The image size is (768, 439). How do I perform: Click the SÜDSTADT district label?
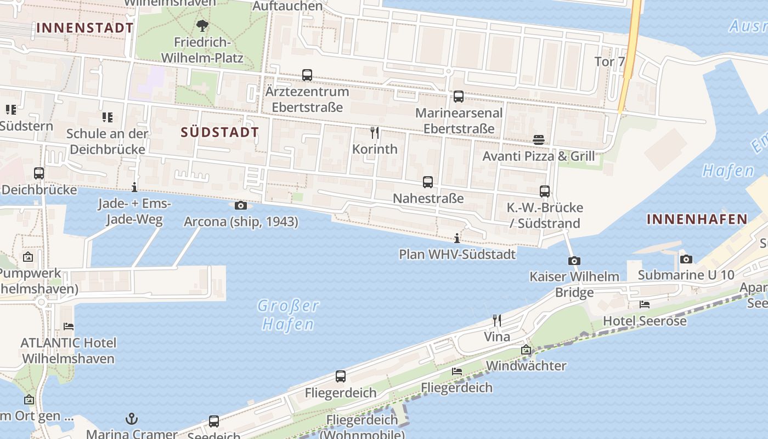point(219,132)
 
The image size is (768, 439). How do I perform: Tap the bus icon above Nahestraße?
point(428,182)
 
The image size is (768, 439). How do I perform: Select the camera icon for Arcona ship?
point(240,206)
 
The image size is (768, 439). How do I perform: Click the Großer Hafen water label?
point(288,315)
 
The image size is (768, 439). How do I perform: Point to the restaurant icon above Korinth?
point(375,132)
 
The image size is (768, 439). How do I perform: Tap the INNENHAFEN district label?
point(697,219)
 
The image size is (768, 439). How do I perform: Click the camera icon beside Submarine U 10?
point(686,260)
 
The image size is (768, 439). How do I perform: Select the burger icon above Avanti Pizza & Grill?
point(538,140)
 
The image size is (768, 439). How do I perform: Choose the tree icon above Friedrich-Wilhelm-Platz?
point(202,25)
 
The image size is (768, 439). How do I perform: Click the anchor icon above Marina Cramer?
point(132,419)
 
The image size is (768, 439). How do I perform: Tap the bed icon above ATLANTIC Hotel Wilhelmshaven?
point(69,326)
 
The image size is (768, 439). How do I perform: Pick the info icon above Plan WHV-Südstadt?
point(457,238)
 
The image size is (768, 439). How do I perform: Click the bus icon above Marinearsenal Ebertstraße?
point(459,97)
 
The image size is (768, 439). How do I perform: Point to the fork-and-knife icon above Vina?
point(497,320)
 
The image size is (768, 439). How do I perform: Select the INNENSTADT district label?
point(85,27)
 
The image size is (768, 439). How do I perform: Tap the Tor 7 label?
point(609,61)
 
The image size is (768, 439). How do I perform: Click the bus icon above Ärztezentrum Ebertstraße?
point(307,75)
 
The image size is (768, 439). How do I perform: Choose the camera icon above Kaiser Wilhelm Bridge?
point(574,261)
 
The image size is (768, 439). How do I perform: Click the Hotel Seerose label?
point(645,321)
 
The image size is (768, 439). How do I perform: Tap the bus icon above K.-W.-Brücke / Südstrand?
point(545,192)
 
